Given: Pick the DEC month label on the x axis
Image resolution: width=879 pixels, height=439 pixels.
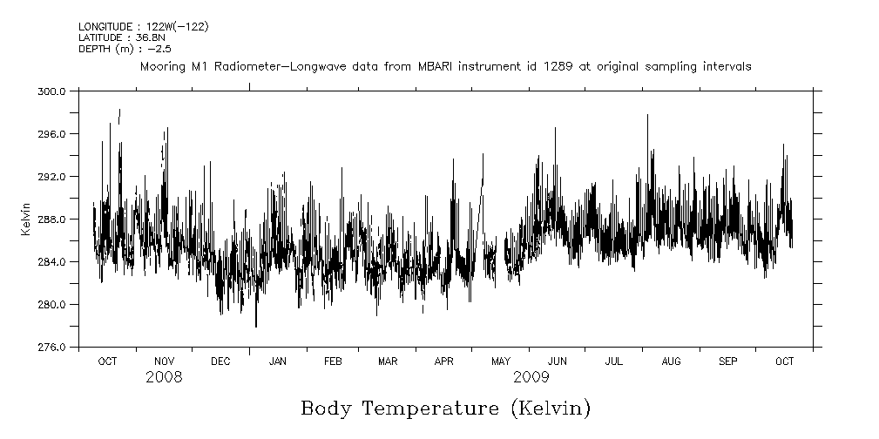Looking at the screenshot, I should click(x=220, y=361).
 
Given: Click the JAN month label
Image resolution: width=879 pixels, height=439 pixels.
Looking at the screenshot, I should click(x=278, y=361).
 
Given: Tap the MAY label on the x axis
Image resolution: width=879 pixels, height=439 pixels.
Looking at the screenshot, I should click(x=501, y=361).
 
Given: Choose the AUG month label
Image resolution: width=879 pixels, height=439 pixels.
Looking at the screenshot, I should click(x=671, y=361).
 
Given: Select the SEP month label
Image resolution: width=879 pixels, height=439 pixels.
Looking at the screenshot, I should click(x=728, y=361).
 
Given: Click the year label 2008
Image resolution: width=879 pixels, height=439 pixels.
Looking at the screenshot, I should click(x=164, y=377).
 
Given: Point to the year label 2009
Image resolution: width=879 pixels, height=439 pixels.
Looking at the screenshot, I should click(x=531, y=377).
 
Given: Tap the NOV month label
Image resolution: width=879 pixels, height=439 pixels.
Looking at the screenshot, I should click(x=164, y=361).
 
